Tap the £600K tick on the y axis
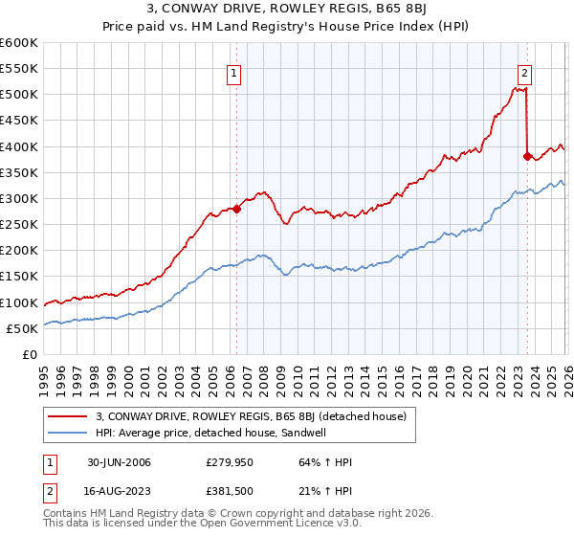point(19,43)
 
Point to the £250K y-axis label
point(19,224)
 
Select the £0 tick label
point(29,354)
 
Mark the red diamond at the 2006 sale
point(236,209)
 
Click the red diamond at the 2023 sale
point(527,155)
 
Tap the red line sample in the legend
point(69,416)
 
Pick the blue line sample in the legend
point(69,433)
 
